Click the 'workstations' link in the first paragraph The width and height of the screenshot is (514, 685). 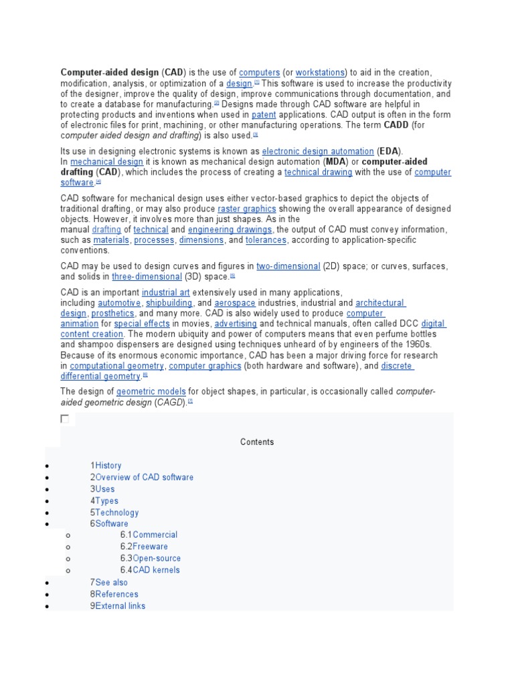[320, 72]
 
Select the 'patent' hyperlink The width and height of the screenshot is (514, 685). [264, 115]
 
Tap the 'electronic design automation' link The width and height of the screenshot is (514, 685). [318, 152]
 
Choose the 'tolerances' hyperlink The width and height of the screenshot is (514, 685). [266, 240]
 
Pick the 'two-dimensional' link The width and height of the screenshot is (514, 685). [288, 266]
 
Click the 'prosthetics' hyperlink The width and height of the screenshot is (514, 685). [112, 314]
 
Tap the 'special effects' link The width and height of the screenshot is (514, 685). [142, 324]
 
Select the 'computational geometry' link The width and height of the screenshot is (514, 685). [116, 366]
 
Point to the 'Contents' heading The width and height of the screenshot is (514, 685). [257, 442]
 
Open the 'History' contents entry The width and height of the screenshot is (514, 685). [108, 466]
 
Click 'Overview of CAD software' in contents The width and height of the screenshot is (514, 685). [145, 478]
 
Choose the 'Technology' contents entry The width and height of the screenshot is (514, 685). [117, 513]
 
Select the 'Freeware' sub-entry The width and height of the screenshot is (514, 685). [150, 547]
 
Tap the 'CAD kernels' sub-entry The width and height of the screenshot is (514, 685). [156, 571]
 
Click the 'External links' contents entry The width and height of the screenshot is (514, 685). [120, 606]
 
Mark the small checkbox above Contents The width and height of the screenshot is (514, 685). [65, 419]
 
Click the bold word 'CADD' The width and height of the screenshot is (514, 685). [396, 125]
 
